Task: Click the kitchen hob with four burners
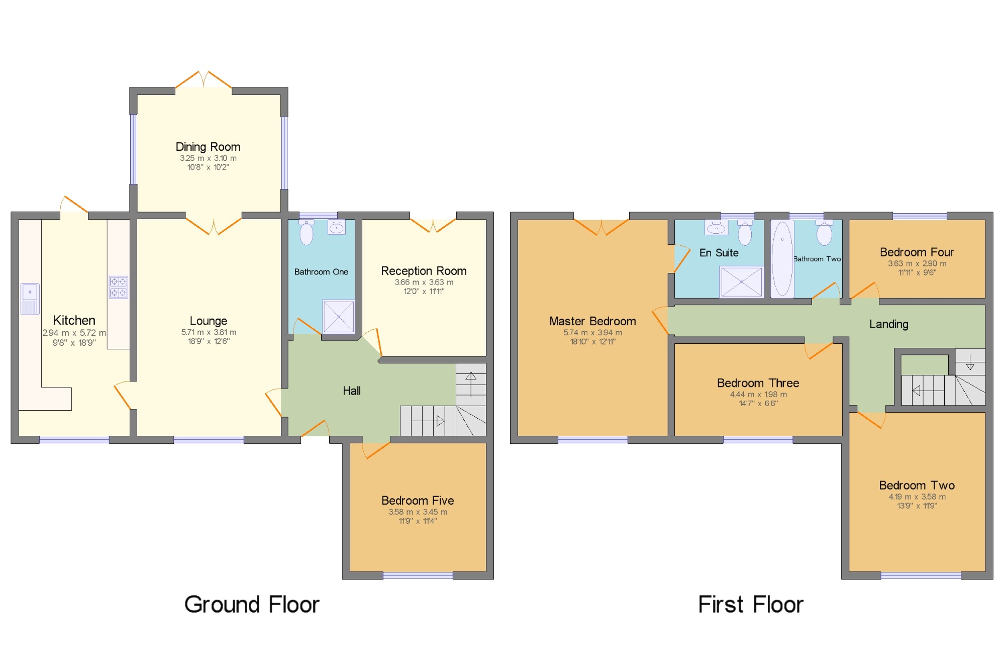coord(119,288)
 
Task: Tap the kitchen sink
coord(30,299)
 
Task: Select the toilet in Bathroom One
coord(307,232)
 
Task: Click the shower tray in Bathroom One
coord(339,317)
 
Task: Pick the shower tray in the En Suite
coord(742,282)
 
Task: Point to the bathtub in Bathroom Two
coord(782,259)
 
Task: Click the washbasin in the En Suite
coord(716,228)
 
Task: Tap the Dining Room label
coord(208,147)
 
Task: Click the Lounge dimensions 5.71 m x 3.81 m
coord(209,332)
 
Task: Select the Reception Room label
coord(424,271)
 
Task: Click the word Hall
coord(352,391)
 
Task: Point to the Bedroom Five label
coord(418,501)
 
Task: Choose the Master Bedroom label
coord(592,321)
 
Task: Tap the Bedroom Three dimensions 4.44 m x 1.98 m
coord(758,395)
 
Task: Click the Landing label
coord(889,325)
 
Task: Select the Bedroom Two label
coord(917,486)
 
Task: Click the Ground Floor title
coord(252,604)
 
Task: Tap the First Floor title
coord(751,604)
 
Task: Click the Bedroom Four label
coord(917,252)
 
